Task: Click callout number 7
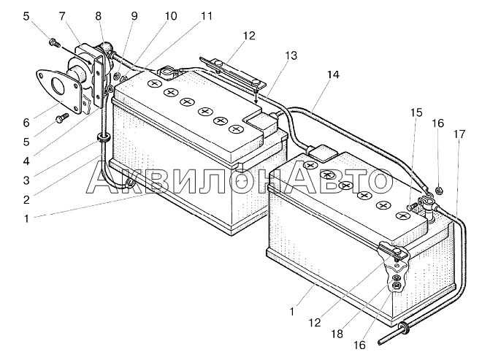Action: [x=62, y=17]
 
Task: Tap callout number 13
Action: [x=291, y=55]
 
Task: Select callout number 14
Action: [x=332, y=74]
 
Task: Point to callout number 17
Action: [x=459, y=134]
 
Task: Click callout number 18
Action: [x=337, y=334]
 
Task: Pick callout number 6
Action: [x=26, y=123]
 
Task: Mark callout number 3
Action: [x=26, y=180]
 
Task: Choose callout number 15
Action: [x=416, y=112]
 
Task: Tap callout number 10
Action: [x=171, y=16]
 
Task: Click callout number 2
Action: [x=26, y=200]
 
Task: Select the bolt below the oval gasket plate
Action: [x=62, y=118]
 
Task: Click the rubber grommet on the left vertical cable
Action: [x=103, y=137]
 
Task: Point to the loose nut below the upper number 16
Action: [x=440, y=191]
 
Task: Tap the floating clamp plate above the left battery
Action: [x=232, y=73]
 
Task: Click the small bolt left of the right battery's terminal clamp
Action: [x=411, y=206]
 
